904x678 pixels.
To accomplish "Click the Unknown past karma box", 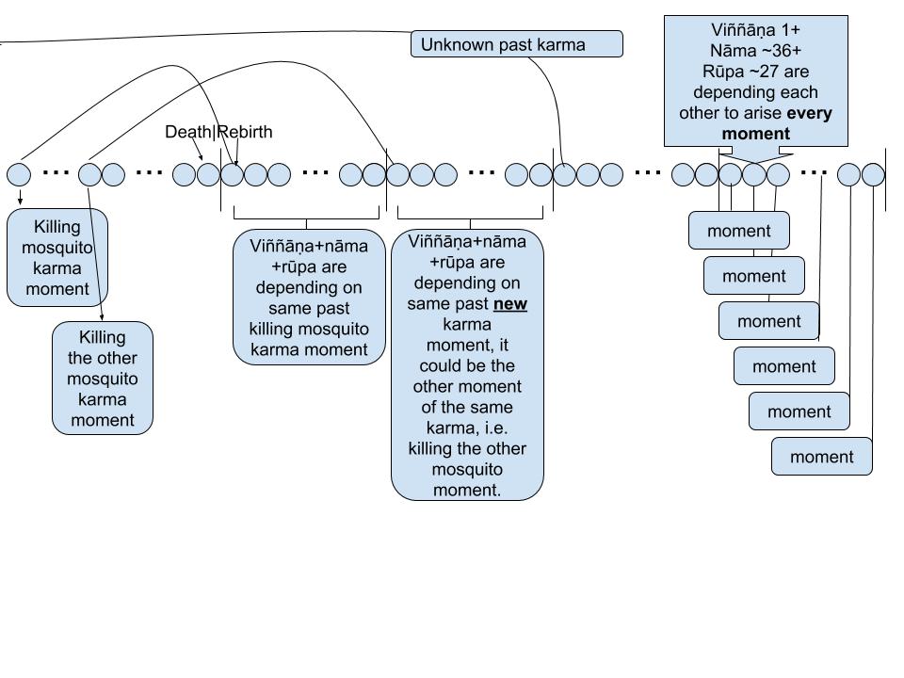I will pos(516,44).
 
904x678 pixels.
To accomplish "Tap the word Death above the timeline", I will pos(188,132).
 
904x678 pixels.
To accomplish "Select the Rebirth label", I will pos(246,132).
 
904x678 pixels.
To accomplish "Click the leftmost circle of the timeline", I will pos(19,174).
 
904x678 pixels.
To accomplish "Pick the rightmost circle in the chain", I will pos(873,174).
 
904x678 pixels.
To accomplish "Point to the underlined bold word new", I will pos(510,304).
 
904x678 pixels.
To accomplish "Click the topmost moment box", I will pos(738,231).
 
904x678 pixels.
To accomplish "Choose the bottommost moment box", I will pos(821,457).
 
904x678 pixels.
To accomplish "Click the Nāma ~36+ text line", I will pos(755,50).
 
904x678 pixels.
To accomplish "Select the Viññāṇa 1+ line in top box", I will pos(755,29).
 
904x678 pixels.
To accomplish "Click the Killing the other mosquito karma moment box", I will pos(102,379).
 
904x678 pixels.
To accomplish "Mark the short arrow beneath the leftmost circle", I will pos(20,197).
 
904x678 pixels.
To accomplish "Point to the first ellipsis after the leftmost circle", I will pos(56,173).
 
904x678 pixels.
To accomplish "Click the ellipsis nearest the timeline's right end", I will pos(814,173).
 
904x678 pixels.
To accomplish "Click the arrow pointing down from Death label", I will pos(197,150).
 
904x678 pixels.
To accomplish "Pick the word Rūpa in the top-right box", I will pos(724,71).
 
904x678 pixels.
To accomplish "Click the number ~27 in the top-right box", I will pos(769,71).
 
